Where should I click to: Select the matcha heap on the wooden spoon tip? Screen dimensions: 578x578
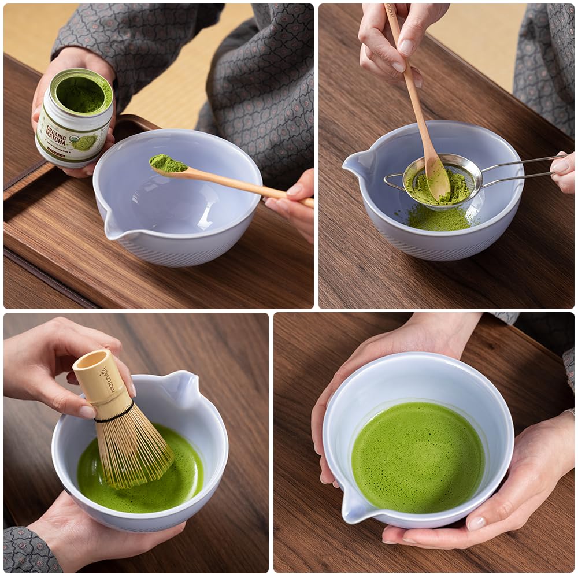tap(168, 164)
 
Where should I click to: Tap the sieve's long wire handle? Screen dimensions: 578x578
tap(520, 168)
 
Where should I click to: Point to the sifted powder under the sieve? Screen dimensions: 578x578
tap(439, 218)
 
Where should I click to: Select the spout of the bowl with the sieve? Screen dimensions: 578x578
tap(355, 165)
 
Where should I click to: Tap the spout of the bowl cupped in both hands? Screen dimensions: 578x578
tap(353, 509)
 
